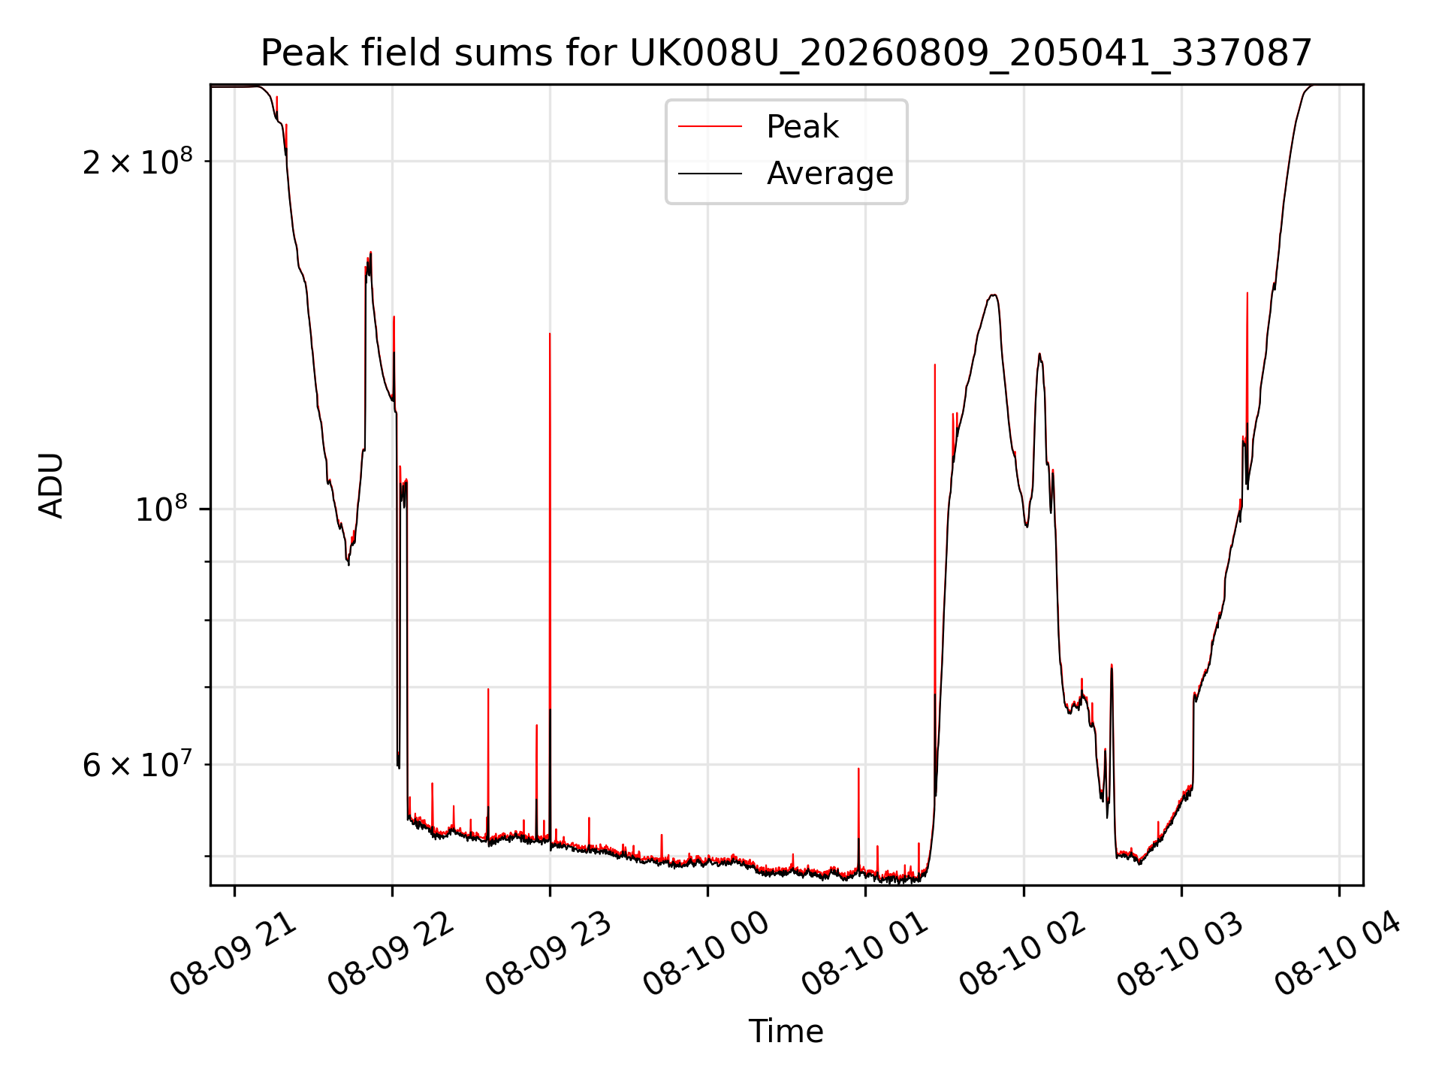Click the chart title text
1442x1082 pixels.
(x=786, y=53)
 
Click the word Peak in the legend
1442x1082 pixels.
(x=802, y=127)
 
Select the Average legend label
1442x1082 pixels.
(x=830, y=174)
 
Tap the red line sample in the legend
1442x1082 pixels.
(x=710, y=127)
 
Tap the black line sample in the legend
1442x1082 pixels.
(x=710, y=174)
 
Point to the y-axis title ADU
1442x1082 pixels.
(x=51, y=485)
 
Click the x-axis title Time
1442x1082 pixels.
(x=786, y=1032)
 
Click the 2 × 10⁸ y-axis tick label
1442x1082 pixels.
(x=137, y=161)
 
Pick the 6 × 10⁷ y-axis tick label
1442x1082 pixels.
(x=137, y=765)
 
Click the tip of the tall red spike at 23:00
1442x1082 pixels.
(x=550, y=334)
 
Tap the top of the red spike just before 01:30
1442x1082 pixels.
(x=934, y=365)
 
